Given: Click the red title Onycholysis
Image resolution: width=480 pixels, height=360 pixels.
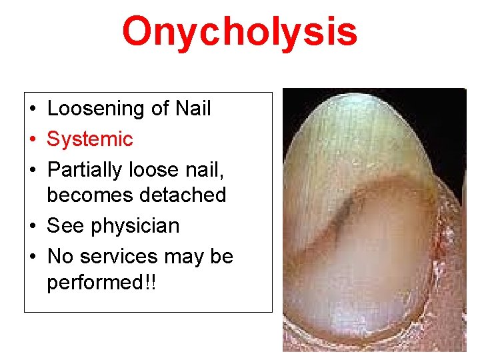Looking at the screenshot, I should click(x=239, y=32).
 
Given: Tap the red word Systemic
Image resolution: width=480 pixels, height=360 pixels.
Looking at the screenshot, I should click(x=90, y=139).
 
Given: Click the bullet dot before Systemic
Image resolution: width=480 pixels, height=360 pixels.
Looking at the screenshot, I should click(x=32, y=139).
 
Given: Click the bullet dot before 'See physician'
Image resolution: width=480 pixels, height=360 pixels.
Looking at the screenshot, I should click(x=32, y=226).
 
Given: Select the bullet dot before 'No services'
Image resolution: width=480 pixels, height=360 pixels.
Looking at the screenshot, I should click(x=32, y=257).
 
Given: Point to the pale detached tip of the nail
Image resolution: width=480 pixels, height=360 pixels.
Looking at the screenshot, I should click(x=347, y=127).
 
